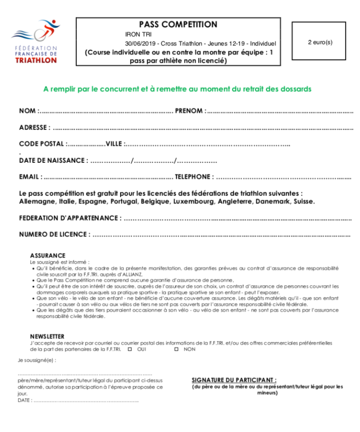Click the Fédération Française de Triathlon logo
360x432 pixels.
[35, 42]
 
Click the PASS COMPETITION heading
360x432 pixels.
[178, 25]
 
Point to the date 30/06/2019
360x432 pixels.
[140, 43]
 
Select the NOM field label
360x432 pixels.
[28, 111]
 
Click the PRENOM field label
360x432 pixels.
[190, 111]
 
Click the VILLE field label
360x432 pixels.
[115, 144]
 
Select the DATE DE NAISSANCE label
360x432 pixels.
[53, 161]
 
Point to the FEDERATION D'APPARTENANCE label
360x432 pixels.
[70, 218]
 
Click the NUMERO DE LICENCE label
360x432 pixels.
[54, 234]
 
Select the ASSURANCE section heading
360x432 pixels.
[48, 255]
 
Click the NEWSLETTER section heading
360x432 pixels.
[47, 336]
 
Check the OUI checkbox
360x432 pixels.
[130, 349]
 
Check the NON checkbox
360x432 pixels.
[176, 349]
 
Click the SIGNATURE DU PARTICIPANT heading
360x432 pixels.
[234, 380]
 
